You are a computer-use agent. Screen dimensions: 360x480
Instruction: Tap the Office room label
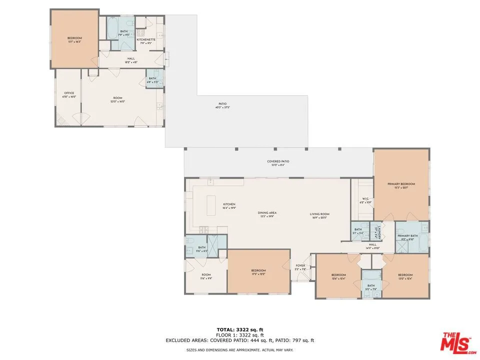[69, 95]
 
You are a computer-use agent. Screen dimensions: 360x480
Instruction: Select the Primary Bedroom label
[401, 185]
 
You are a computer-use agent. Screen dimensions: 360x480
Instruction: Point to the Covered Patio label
[278, 163]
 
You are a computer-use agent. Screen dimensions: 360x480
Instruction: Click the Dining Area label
[267, 214]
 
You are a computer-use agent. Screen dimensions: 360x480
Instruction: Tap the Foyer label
[300, 267]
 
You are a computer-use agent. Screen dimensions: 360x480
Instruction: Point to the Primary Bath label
[407, 237]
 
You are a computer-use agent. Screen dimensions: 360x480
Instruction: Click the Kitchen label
[229, 205]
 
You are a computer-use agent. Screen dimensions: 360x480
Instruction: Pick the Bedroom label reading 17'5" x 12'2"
[258, 273]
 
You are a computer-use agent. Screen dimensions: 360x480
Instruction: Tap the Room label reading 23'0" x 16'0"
[117, 99]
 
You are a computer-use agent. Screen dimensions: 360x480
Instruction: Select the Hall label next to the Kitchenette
[131, 60]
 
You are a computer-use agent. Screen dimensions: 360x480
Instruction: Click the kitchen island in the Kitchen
[211, 205]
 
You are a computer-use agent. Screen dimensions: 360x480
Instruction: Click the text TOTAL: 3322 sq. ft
[239, 329]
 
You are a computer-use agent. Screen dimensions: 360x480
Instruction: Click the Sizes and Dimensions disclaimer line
[239, 349]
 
